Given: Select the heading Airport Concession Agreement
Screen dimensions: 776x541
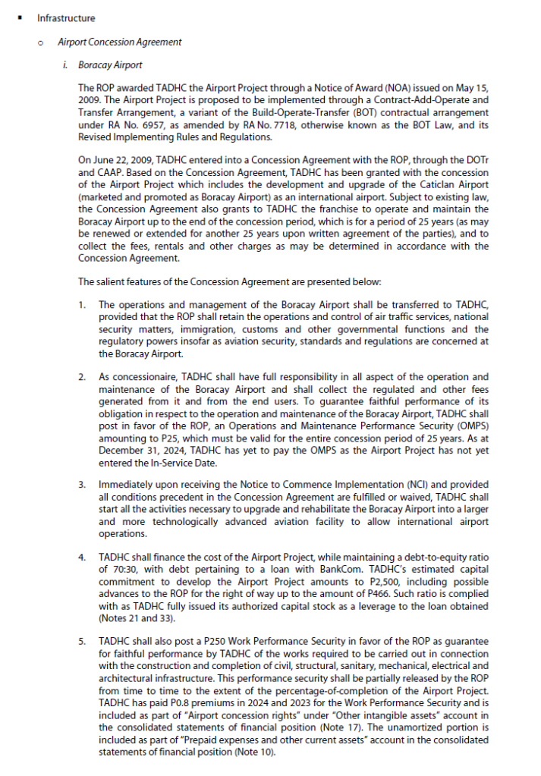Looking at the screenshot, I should point(120,42).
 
